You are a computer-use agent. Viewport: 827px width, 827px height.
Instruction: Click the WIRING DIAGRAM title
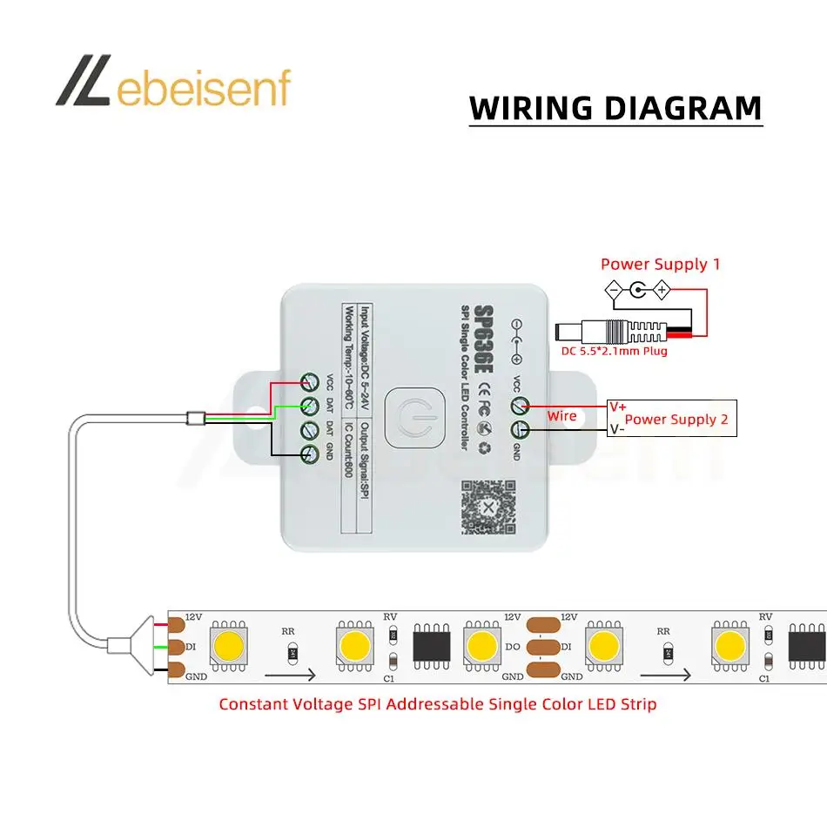pos(615,108)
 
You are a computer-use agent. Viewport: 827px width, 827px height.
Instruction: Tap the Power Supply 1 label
pos(660,264)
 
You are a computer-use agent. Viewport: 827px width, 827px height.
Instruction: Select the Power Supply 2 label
pos(676,419)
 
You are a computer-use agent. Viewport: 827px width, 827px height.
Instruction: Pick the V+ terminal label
pos(617,406)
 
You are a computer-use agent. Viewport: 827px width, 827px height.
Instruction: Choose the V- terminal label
pos(616,428)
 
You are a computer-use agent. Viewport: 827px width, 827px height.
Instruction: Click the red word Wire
pos(561,416)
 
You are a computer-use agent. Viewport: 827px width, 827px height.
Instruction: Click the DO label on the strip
pos(512,647)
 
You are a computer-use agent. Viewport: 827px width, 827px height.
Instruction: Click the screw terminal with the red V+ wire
pos(520,406)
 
